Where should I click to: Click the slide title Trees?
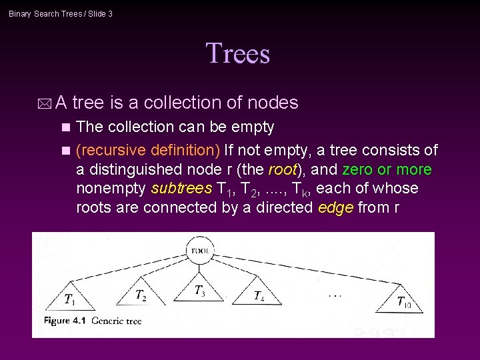pyautogui.click(x=238, y=53)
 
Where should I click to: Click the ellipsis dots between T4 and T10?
pyautogui.click(x=335, y=294)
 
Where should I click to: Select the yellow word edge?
pyautogui.click(x=335, y=207)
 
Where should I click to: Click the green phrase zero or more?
pyautogui.click(x=387, y=169)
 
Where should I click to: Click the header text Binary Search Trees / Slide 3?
pyautogui.click(x=61, y=13)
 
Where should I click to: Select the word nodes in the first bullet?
pyautogui.click(x=273, y=103)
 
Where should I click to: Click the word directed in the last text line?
pyautogui.click(x=277, y=207)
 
